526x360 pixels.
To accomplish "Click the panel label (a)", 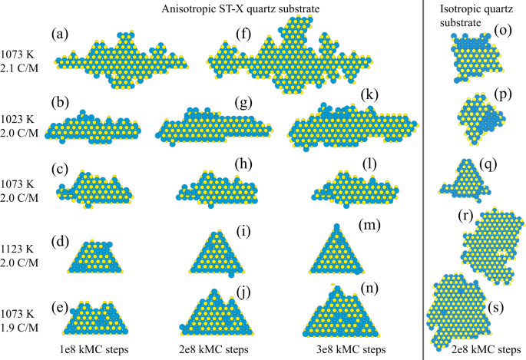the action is (60, 35).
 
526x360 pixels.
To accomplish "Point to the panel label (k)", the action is (369, 95).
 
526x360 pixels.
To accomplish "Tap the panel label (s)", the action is (496, 307).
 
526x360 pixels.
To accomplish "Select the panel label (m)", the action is (369, 225).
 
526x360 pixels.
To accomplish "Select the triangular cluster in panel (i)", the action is (217, 253).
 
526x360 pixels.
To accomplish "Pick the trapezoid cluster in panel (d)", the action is (95, 257).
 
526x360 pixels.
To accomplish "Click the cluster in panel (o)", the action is (475, 58).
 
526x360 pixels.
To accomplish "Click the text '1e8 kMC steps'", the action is (93, 349).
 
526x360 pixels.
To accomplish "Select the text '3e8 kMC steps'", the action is (351, 349).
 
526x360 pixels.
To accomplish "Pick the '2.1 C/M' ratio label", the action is (19, 68).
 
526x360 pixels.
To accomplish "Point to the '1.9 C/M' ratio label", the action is (19, 328).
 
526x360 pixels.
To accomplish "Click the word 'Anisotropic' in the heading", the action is (186, 9).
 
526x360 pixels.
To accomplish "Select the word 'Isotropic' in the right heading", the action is (458, 8).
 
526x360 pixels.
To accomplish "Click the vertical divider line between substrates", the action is (423, 180).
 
